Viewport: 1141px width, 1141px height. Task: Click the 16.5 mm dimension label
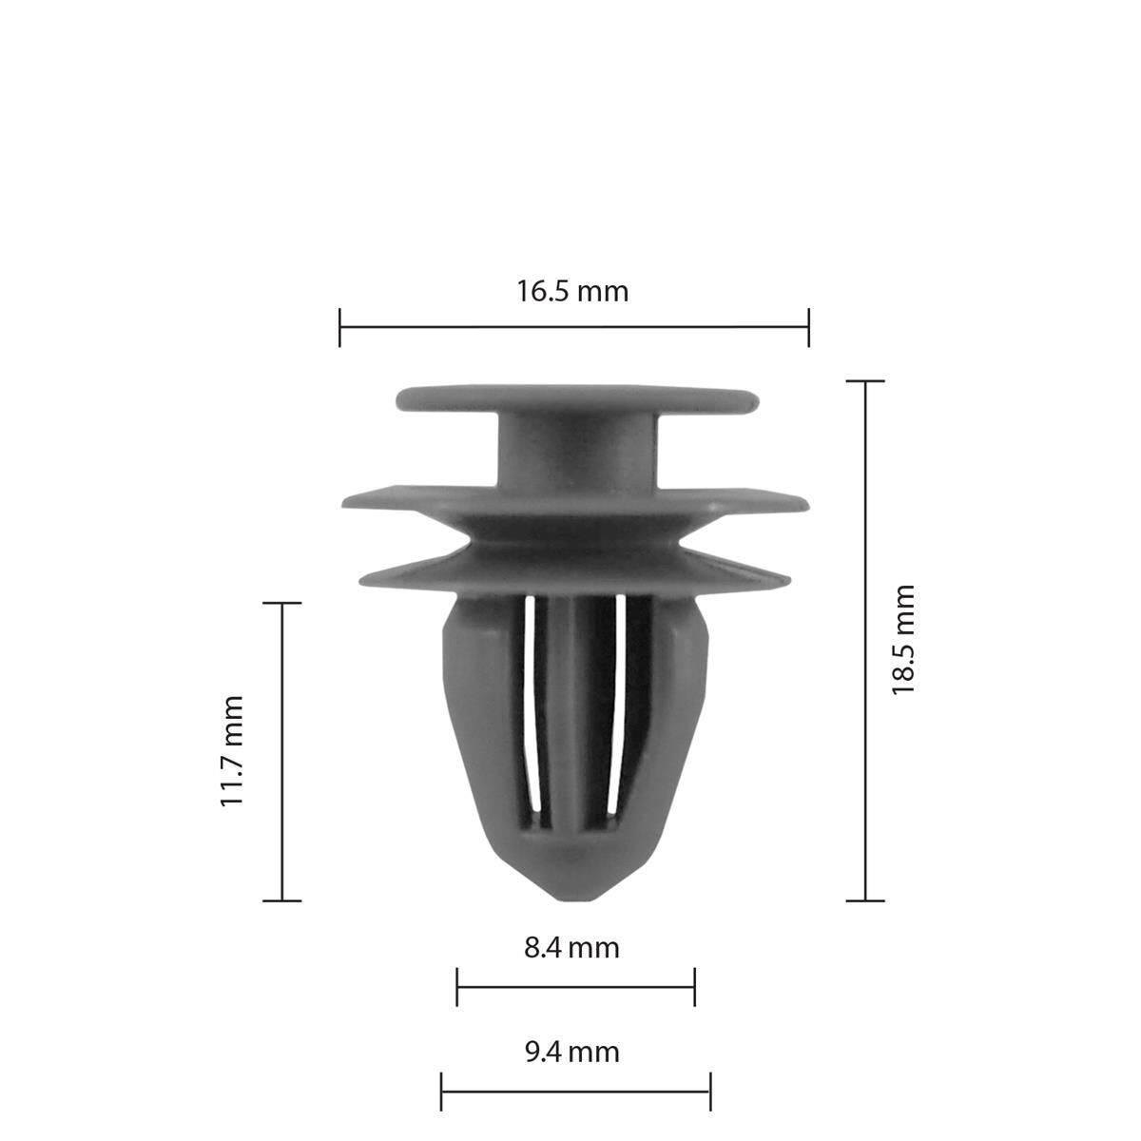point(572,290)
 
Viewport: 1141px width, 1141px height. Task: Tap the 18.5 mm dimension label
point(902,640)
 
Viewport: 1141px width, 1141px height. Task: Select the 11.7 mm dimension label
point(232,751)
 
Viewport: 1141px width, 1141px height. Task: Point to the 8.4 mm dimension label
point(571,947)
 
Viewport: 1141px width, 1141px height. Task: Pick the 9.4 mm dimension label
point(571,1052)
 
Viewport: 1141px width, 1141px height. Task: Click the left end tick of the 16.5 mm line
point(339,327)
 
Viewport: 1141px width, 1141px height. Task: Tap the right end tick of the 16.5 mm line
point(808,327)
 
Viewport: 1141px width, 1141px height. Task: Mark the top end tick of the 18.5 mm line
point(864,381)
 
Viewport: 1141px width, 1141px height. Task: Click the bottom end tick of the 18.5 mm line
point(864,899)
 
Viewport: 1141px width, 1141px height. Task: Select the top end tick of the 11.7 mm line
point(281,603)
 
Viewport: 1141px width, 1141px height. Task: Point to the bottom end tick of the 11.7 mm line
point(281,899)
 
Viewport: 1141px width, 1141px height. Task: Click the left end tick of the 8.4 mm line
point(457,987)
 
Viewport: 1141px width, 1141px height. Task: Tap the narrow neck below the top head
point(577,452)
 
